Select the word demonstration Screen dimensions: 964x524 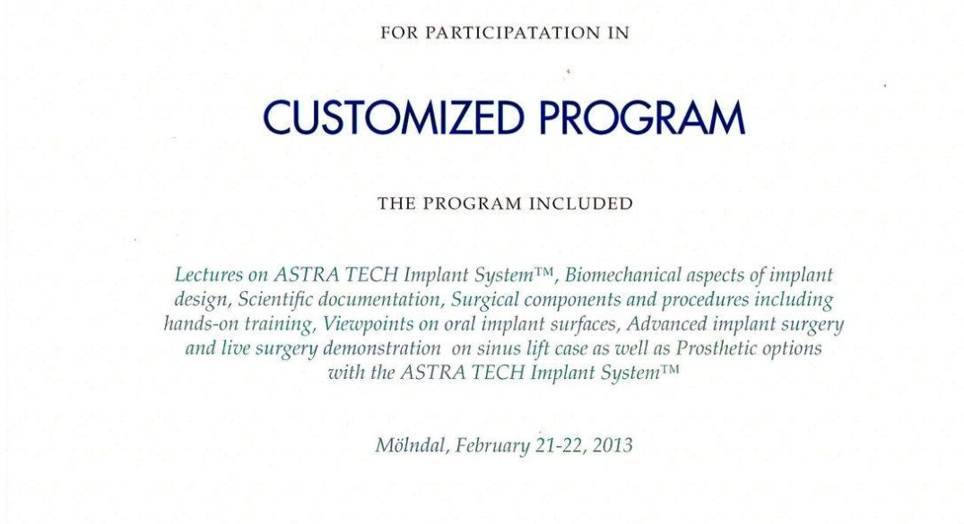pyautogui.click(x=382, y=348)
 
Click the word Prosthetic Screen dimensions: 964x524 pyautogui.click(x=716, y=348)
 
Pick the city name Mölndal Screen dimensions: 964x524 pyautogui.click(x=411, y=445)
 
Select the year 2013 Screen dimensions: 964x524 pyautogui.click(x=612, y=445)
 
